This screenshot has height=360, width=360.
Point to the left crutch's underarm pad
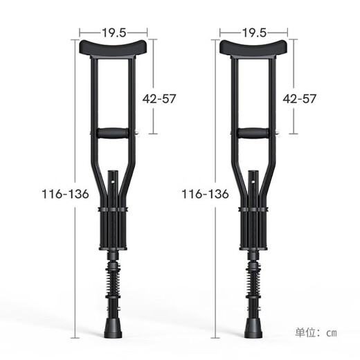point(114,48)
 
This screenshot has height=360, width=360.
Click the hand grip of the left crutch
point(113,133)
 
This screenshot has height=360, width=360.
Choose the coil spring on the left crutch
point(114,282)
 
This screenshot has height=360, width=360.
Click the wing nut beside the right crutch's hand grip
point(277,134)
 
